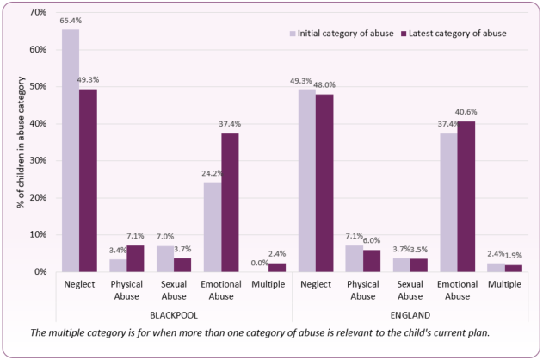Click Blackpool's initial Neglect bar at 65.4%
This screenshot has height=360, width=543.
tap(71, 151)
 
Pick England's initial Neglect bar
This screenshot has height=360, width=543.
tap(307, 180)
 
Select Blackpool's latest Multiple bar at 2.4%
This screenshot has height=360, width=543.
tap(275, 267)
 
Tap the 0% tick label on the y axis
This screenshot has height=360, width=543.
tap(38, 271)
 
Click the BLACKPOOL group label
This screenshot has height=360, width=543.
tap(174, 314)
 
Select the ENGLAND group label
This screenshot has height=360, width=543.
tap(410, 314)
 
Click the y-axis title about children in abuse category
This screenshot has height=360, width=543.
tap(18, 142)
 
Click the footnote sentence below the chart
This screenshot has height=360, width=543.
tap(272, 332)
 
